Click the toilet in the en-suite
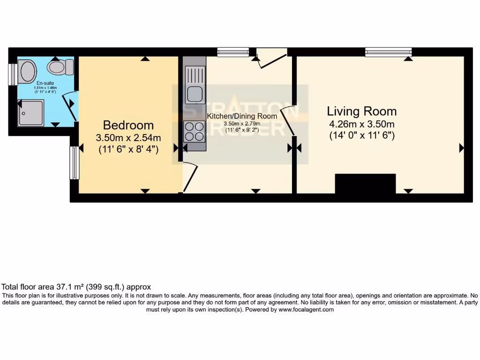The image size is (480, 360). (x=60, y=67)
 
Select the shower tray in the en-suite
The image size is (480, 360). (x=31, y=112)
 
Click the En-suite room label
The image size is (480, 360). (x=45, y=83)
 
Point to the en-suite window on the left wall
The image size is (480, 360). (x=13, y=74)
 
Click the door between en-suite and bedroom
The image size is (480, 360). (x=71, y=106)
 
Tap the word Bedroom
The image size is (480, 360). (x=128, y=125)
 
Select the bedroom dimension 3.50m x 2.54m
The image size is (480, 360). (x=128, y=138)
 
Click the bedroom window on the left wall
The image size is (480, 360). (x=74, y=163)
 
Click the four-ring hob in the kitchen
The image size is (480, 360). (x=195, y=131)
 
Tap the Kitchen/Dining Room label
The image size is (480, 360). (x=242, y=116)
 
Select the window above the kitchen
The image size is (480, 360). (x=233, y=52)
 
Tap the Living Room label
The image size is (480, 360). (x=361, y=111)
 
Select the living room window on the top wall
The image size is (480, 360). (x=388, y=52)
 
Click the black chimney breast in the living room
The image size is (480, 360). (x=365, y=184)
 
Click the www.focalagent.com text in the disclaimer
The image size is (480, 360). (x=306, y=309)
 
